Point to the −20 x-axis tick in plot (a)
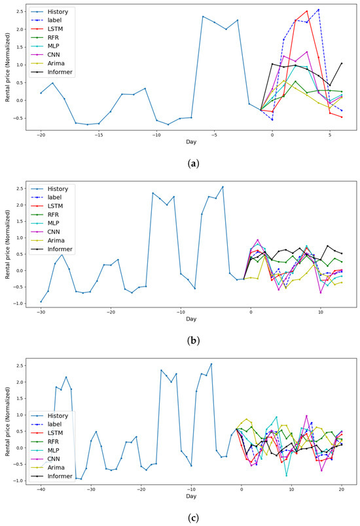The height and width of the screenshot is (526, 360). click(x=41, y=136)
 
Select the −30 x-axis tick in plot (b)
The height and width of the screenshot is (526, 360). click(x=41, y=313)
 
